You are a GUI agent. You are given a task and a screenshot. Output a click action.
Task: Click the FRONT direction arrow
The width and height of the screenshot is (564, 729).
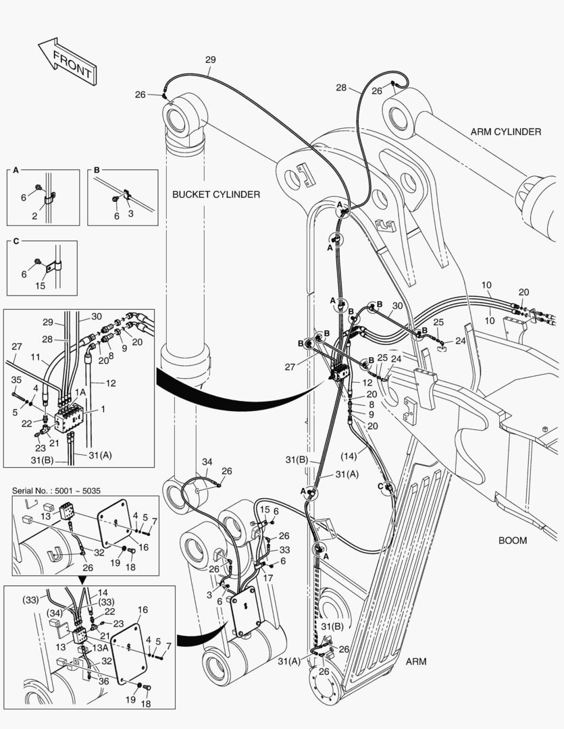(x=66, y=62)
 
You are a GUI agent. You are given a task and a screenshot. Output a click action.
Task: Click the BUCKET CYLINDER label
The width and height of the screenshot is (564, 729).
(x=216, y=194)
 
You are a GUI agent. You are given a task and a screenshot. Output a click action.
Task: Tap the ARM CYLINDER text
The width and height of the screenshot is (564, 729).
(x=505, y=132)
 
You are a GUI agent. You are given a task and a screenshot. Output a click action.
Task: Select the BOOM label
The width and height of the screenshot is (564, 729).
(x=513, y=540)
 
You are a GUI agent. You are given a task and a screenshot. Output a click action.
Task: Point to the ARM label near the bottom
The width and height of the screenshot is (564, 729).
(x=416, y=661)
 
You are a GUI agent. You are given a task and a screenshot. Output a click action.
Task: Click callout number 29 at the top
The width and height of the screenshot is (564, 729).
(x=210, y=60)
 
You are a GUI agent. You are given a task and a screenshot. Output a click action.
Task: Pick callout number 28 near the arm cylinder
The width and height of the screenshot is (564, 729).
(x=341, y=88)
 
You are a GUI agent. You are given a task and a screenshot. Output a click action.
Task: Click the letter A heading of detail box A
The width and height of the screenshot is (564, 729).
(x=15, y=171)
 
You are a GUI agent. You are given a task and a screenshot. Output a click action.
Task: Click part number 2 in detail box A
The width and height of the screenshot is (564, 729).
(x=34, y=216)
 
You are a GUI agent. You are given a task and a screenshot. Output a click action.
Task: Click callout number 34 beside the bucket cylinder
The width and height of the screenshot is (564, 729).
(x=207, y=462)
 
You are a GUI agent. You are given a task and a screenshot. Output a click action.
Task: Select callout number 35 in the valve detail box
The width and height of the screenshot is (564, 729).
(x=16, y=380)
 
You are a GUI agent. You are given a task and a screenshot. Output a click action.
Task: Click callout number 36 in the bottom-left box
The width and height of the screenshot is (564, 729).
(x=103, y=681)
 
